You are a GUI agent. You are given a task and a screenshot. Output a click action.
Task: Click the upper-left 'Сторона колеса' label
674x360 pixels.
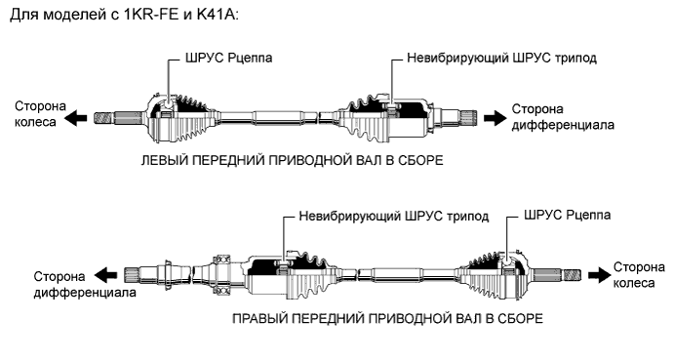(x=32, y=113)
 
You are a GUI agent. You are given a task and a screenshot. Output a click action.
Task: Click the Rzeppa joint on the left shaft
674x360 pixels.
(x=166, y=115)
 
